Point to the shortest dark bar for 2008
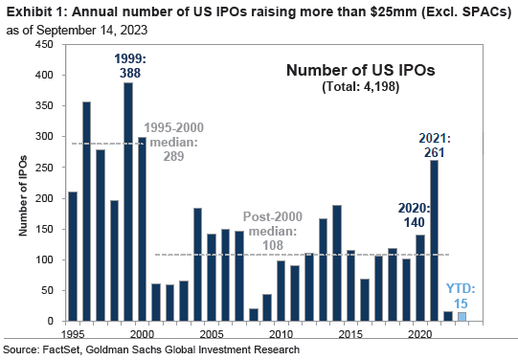pyautogui.click(x=253, y=315)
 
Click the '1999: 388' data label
pyautogui.click(x=126, y=65)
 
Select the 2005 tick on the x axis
pyautogui.click(x=211, y=335)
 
